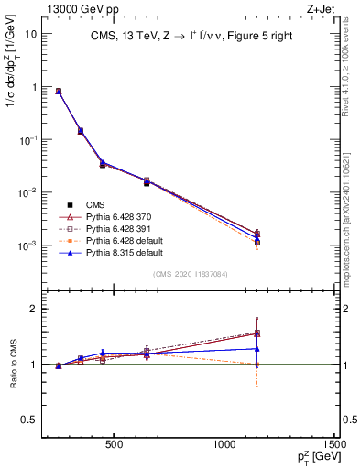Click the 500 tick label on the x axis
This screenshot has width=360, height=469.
(115, 447)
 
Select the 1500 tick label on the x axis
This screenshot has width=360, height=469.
(335, 447)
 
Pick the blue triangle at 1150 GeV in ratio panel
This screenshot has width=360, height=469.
(257, 348)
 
